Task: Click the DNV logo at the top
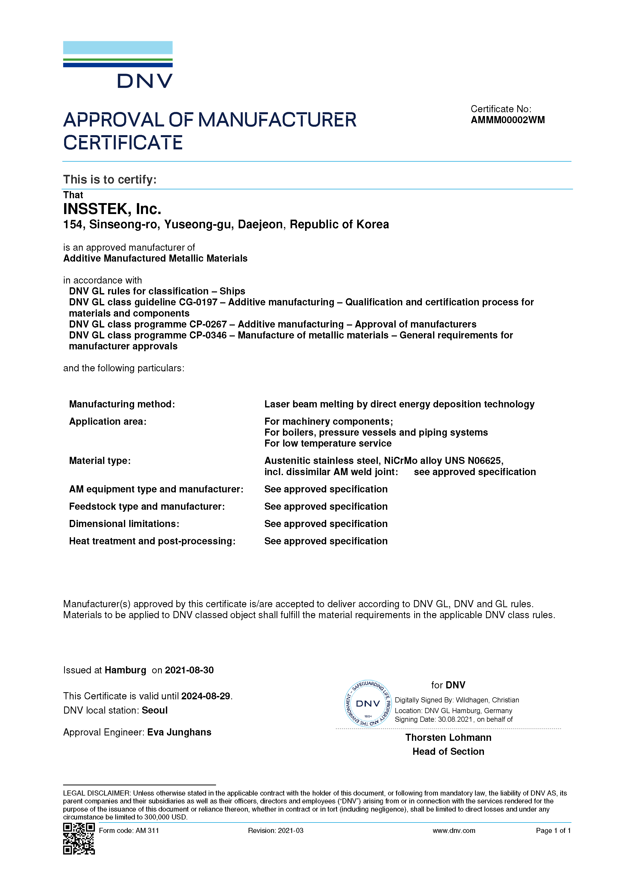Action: [x=118, y=65]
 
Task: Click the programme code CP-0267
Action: [x=208, y=324]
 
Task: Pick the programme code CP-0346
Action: [x=208, y=335]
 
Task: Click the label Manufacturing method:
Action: [x=122, y=404]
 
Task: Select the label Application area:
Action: [x=108, y=422]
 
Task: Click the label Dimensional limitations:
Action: [x=124, y=524]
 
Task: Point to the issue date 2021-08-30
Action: [x=189, y=670]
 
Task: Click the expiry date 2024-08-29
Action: [x=206, y=696]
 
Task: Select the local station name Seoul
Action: [x=154, y=710]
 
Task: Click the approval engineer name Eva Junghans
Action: [x=179, y=732]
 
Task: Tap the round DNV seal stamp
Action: [x=368, y=704]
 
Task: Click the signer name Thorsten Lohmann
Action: [x=448, y=738]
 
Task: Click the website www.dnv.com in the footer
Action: [x=454, y=831]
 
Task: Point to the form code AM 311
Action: [x=147, y=831]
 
